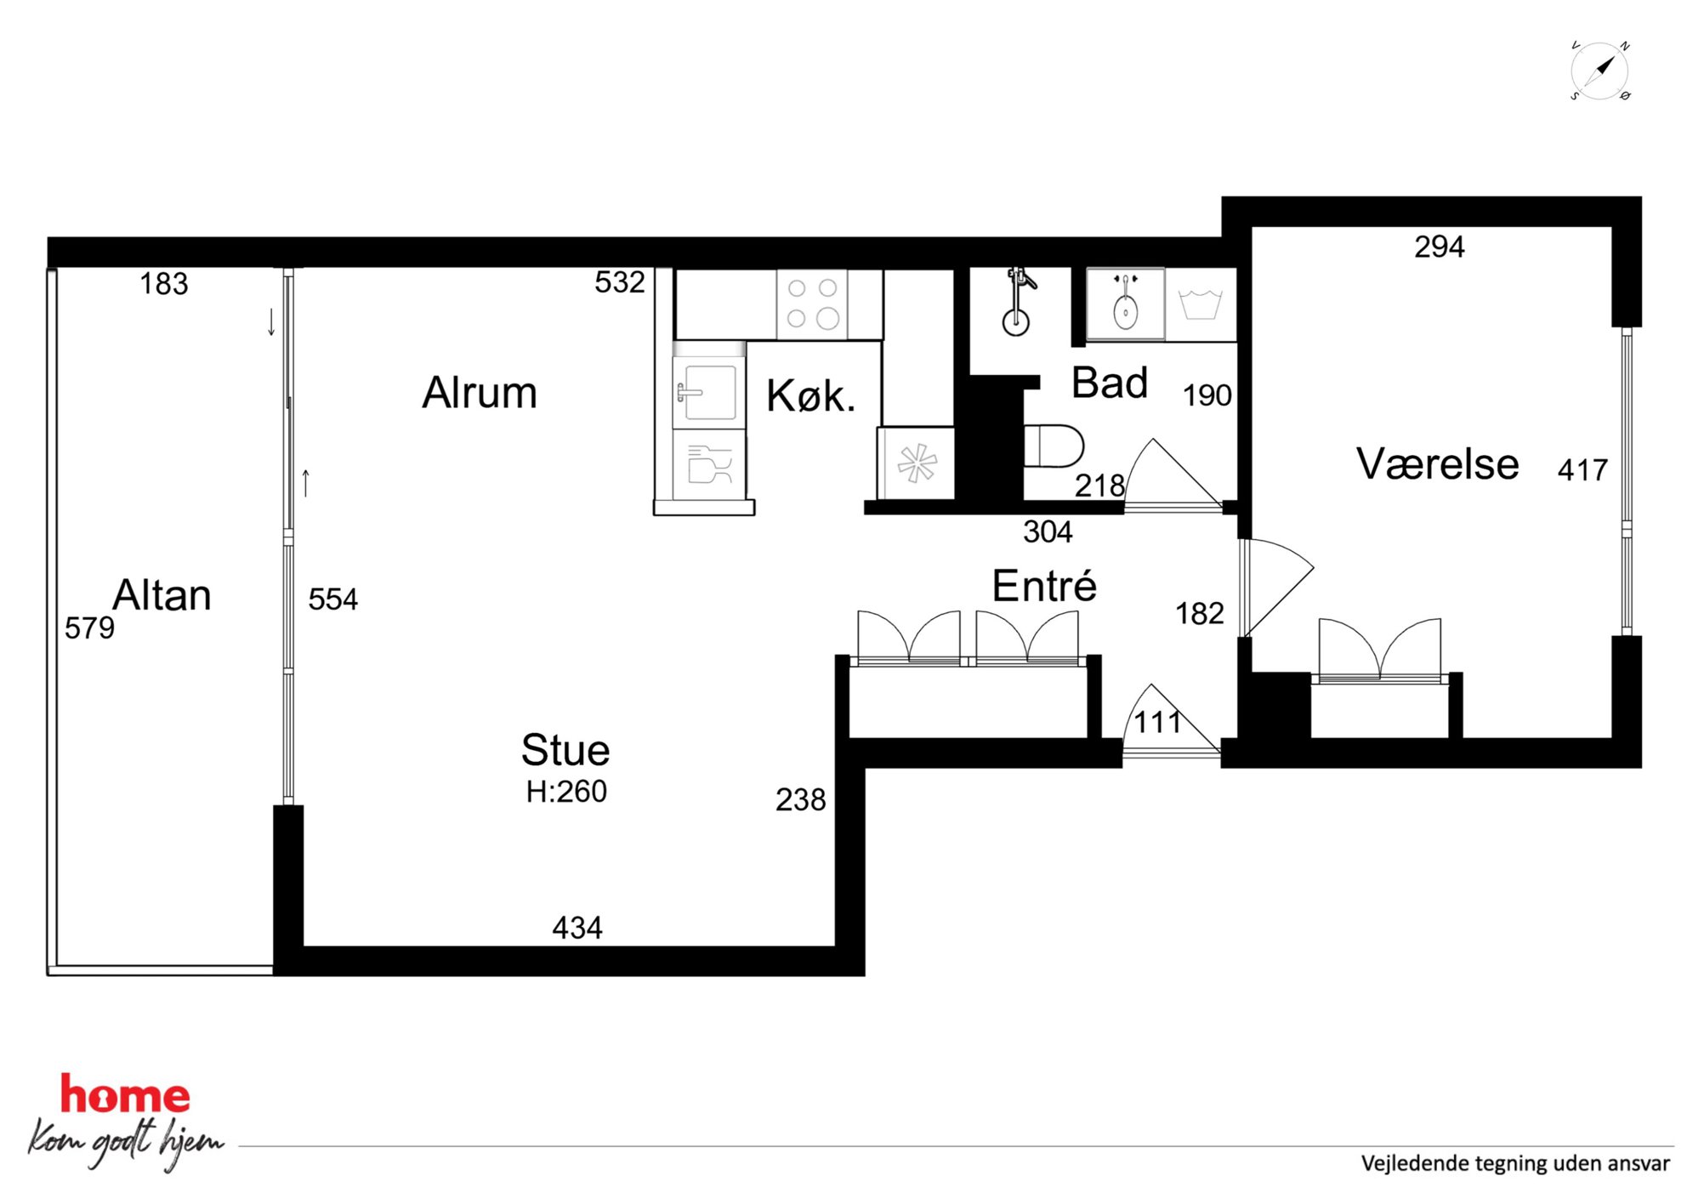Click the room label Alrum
[x=480, y=393]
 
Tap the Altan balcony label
[x=162, y=595]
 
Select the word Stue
[x=565, y=750]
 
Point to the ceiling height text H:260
[x=566, y=792]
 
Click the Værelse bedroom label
[x=1438, y=464]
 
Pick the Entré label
[x=1044, y=585]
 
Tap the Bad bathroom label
[x=1110, y=383]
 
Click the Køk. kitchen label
[x=810, y=396]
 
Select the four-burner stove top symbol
[x=812, y=304]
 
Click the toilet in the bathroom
[x=1054, y=446]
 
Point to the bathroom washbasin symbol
[x=1126, y=304]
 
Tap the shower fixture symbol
[x=1018, y=302]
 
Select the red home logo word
[x=124, y=1094]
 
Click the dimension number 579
[x=89, y=628]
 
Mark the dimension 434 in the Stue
[x=577, y=928]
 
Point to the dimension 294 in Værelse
[x=1440, y=247]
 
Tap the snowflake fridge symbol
[x=917, y=464]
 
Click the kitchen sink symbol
[x=705, y=392]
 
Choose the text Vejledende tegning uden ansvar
[x=1515, y=1163]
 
